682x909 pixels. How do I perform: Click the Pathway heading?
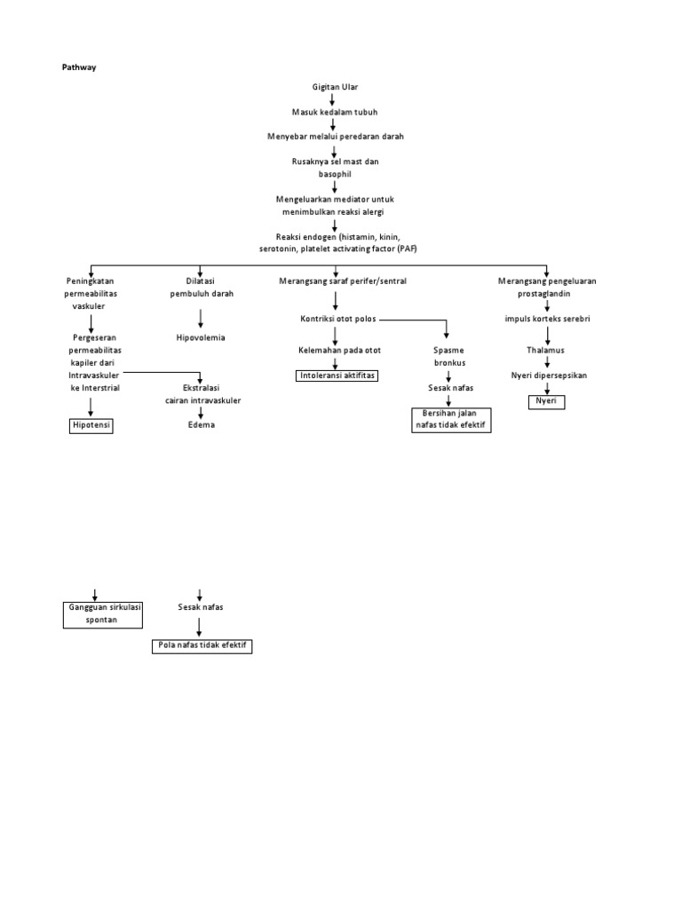78,67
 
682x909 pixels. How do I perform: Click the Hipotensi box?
92,425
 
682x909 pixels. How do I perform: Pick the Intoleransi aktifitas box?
337,375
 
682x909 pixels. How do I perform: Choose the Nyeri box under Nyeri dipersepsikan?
547,401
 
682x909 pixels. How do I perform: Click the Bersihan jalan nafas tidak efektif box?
451,420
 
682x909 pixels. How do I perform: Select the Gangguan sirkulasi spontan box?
104,613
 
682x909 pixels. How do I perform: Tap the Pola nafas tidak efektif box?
202,645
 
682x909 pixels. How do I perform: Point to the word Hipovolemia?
201,337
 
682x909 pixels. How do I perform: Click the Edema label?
201,425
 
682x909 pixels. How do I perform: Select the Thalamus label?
546,351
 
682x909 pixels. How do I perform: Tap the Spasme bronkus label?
449,357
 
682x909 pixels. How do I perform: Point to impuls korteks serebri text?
548,319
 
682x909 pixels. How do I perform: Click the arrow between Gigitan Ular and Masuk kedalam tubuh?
332,99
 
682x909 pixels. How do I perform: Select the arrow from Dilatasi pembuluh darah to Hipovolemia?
201,318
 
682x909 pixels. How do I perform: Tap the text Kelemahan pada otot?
339,351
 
